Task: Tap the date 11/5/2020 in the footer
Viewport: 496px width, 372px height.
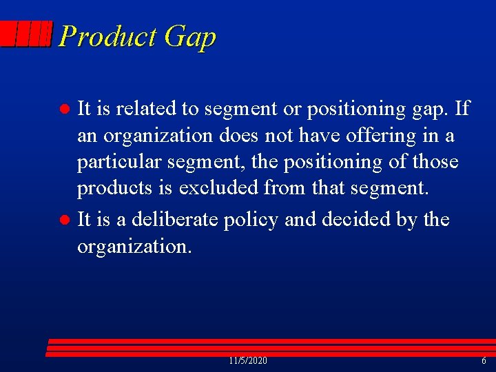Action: tap(248, 361)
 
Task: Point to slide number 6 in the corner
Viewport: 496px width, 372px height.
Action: tap(484, 361)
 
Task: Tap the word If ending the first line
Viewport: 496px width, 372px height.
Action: tap(462, 108)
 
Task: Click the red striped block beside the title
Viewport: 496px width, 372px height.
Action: tap(26, 34)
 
